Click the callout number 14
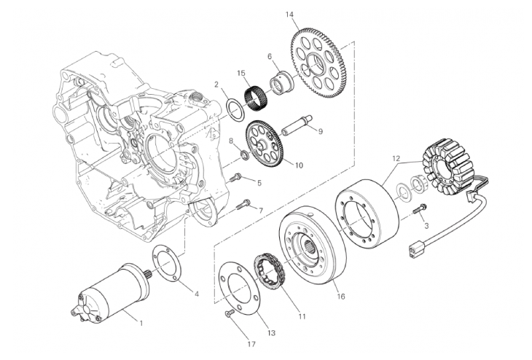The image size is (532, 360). tap(289, 15)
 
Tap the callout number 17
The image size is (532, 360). tap(251, 345)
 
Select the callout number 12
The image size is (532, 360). tap(396, 158)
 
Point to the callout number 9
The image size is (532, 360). tap(320, 131)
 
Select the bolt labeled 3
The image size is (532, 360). tap(420, 208)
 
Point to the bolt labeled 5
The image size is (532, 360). tap(235, 178)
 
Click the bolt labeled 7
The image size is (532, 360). tap(245, 204)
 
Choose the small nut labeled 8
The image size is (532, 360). tap(244, 155)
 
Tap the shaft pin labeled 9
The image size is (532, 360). tap(297, 126)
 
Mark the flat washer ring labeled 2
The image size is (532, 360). tap(235, 109)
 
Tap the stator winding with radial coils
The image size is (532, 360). tap(448, 166)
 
